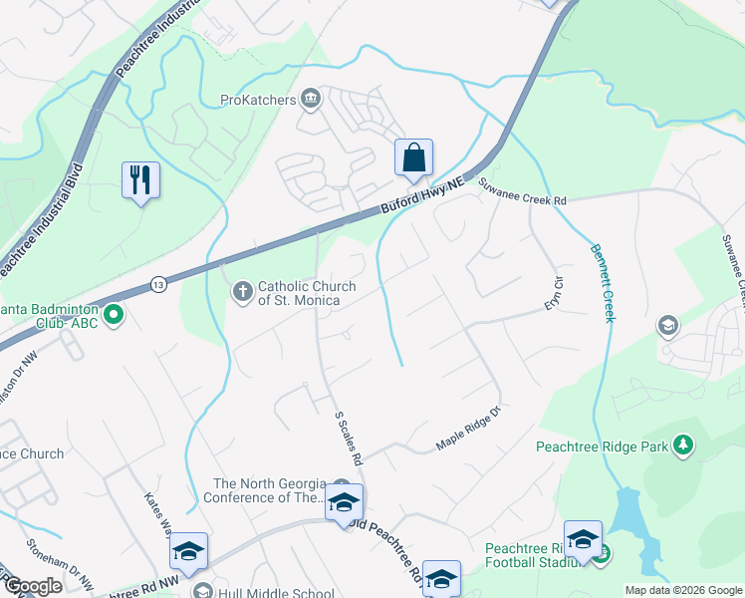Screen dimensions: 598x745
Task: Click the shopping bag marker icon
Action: point(413,158)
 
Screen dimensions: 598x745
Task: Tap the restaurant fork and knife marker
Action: point(140,180)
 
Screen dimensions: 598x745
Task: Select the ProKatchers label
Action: point(259,100)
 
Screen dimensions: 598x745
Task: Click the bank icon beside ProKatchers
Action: point(311,99)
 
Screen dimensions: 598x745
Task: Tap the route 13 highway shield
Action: point(159,285)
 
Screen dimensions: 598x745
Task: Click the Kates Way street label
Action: point(157,511)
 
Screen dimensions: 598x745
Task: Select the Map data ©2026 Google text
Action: point(682,590)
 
